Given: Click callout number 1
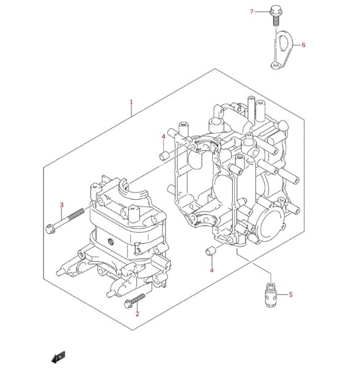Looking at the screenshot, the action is (x=131, y=103).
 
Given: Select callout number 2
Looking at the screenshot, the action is (x=138, y=313).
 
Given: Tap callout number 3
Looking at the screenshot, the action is (x=62, y=205).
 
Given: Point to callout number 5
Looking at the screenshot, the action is (x=291, y=294).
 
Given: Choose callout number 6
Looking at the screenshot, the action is (x=304, y=45).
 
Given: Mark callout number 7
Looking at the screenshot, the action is (x=252, y=12).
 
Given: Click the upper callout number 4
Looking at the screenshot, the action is (x=163, y=137).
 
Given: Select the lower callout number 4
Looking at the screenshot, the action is (x=211, y=271).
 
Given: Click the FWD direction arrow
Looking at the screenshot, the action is (x=58, y=357).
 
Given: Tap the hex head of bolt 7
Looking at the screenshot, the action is (x=275, y=10).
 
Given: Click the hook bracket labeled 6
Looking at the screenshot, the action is (x=282, y=50).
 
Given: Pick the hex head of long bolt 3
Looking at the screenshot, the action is (x=50, y=229).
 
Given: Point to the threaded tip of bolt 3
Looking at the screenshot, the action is (x=77, y=214).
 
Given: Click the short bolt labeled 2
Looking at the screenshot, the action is (x=134, y=301).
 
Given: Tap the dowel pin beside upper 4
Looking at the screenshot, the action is (x=164, y=156).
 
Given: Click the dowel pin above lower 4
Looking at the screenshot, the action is (x=210, y=250).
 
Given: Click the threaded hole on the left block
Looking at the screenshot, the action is (x=110, y=241).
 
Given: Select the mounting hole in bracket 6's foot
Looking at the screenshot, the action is (x=275, y=63).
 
